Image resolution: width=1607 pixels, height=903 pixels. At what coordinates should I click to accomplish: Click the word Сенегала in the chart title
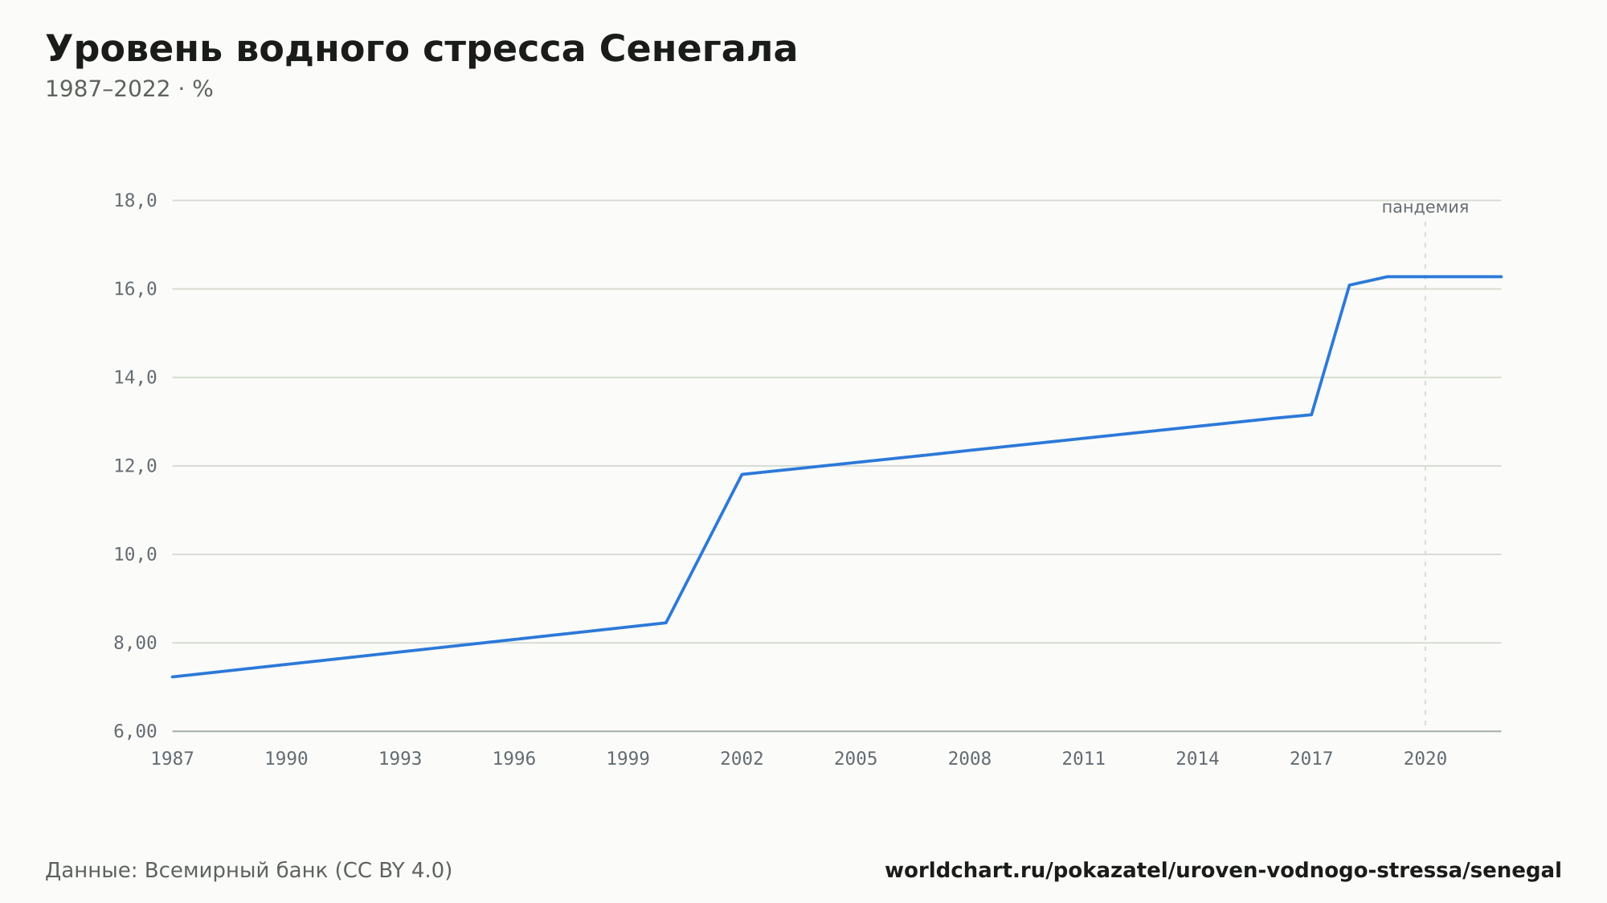698,49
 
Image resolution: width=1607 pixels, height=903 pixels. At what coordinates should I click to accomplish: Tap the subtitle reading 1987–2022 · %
129,89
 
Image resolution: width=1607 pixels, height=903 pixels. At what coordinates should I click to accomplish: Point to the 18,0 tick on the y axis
135,201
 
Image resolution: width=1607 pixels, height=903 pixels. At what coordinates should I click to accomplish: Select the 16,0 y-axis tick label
135,289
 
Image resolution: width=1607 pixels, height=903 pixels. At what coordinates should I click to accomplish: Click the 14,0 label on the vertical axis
135,378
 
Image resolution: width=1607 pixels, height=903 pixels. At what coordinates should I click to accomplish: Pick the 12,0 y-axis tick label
135,466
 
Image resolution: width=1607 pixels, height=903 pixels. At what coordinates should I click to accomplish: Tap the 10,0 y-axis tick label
135,554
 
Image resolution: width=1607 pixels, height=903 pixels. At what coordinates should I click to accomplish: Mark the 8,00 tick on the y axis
135,643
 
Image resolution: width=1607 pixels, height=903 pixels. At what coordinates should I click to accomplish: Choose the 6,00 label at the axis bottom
135,731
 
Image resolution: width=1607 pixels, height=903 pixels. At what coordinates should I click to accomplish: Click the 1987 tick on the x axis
173,759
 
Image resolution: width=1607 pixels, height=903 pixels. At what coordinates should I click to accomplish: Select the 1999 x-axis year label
628,759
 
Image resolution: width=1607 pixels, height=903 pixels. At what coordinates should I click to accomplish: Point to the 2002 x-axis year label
742,759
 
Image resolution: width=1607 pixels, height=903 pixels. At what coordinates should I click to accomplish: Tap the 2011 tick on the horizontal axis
1084,759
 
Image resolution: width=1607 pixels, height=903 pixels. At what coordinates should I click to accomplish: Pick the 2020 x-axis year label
1425,759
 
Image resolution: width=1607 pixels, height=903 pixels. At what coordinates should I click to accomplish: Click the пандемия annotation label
1425,207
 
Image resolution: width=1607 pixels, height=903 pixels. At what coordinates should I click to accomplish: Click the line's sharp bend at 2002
742,474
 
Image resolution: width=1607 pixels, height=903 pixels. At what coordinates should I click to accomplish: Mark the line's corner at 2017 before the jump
1311,415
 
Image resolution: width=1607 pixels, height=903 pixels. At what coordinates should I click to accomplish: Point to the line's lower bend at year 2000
666,623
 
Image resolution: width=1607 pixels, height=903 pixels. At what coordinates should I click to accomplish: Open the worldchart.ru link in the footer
1223,871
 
